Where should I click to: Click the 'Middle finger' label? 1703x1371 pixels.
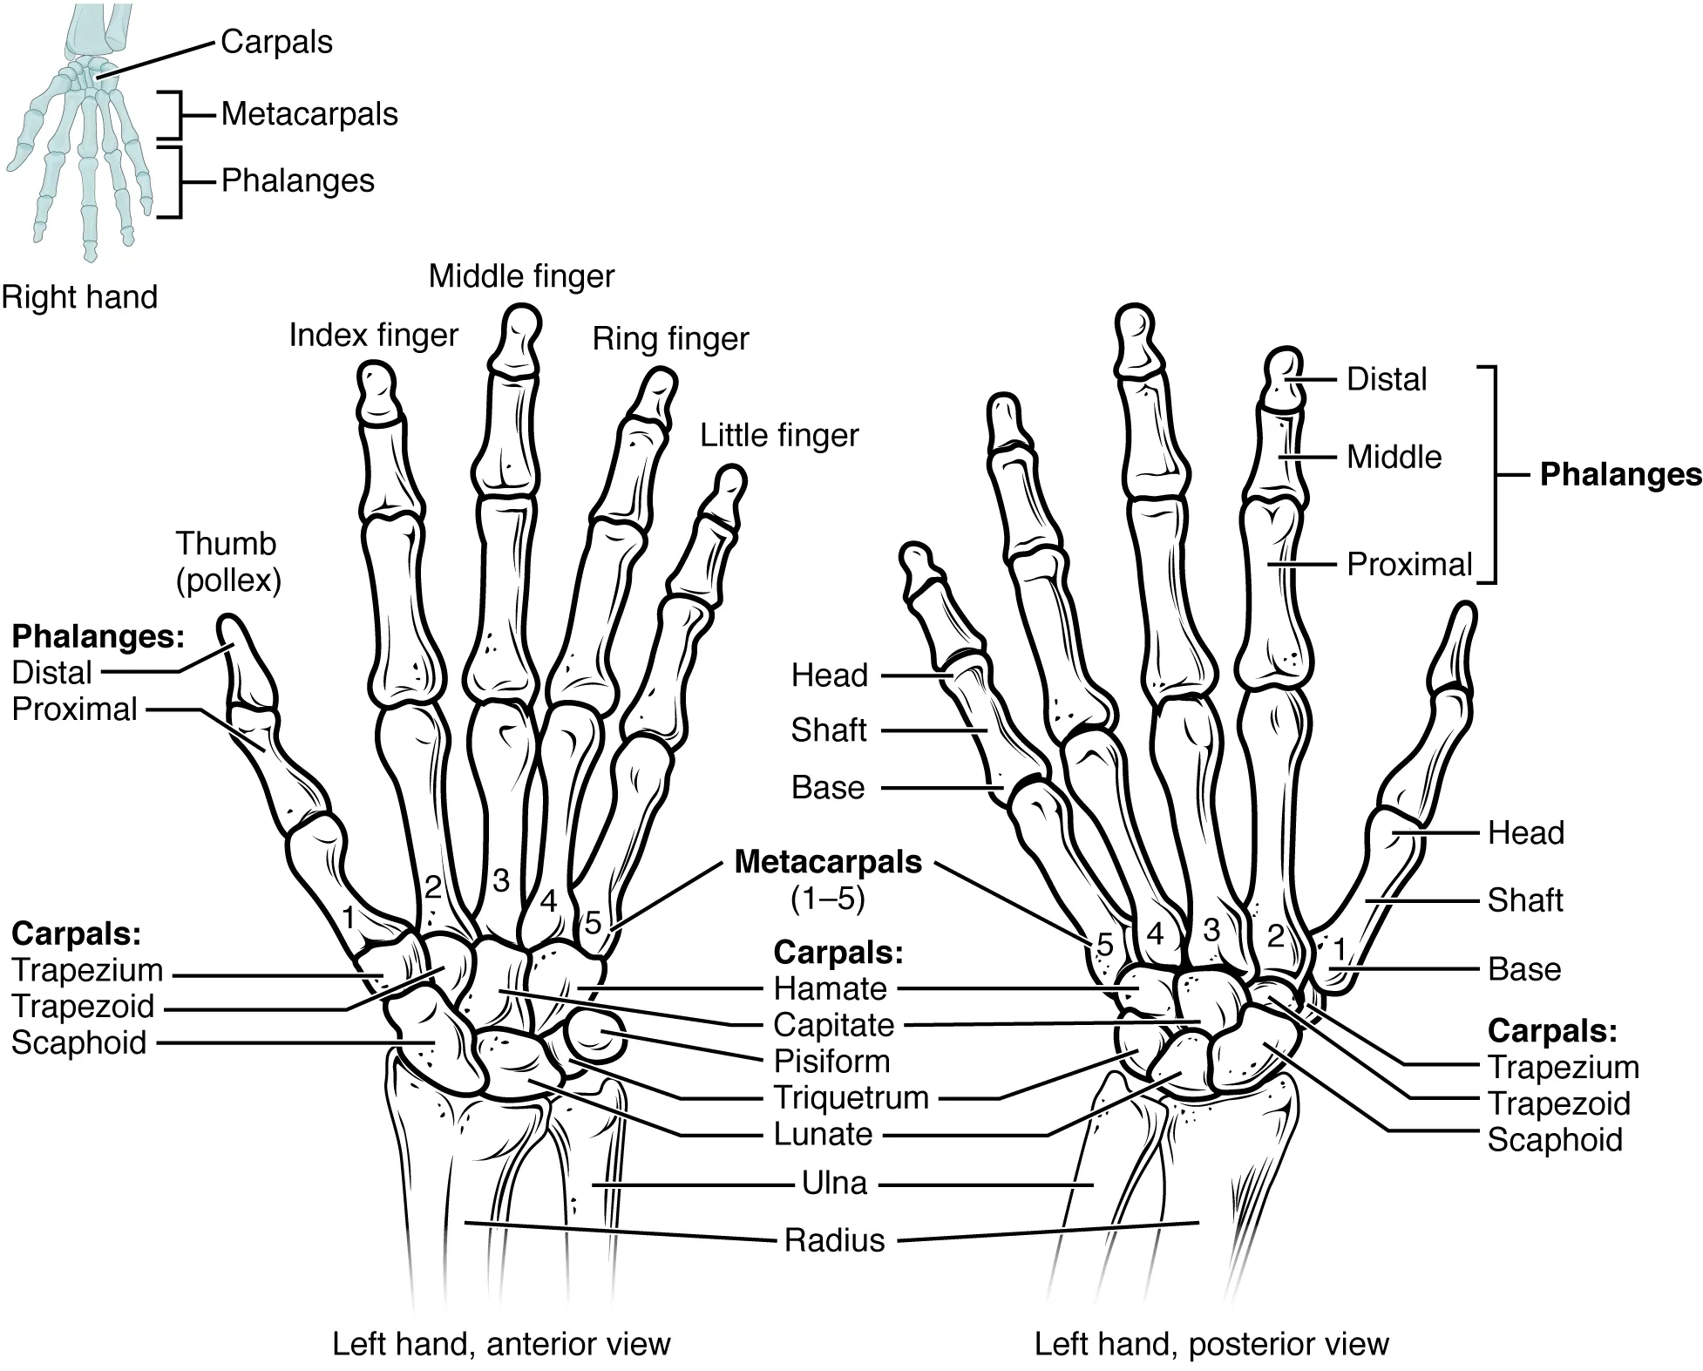point(521,276)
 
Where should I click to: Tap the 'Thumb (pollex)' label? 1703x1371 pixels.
point(227,561)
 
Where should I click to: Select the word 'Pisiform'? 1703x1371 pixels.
point(831,1061)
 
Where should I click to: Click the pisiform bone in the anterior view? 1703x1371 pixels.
point(596,1035)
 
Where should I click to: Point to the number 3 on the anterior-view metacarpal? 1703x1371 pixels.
point(500,880)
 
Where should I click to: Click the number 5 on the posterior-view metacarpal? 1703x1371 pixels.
point(1104,945)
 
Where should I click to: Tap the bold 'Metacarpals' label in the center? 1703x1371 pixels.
point(828,861)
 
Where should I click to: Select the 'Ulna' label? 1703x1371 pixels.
point(834,1183)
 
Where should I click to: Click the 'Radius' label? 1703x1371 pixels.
point(834,1239)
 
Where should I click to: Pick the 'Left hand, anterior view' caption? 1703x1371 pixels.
point(501,1343)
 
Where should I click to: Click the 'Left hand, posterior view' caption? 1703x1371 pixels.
point(1211,1343)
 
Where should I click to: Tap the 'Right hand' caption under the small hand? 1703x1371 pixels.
point(79,297)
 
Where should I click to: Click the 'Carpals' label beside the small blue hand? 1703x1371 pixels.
point(276,42)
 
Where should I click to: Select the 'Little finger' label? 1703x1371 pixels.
point(779,435)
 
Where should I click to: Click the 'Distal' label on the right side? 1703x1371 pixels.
point(1386,379)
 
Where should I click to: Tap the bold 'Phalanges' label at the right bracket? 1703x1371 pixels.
point(1619,474)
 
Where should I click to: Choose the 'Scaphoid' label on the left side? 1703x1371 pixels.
point(78,1042)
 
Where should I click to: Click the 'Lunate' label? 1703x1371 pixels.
point(823,1134)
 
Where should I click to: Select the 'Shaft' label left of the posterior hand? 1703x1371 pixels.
point(828,730)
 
